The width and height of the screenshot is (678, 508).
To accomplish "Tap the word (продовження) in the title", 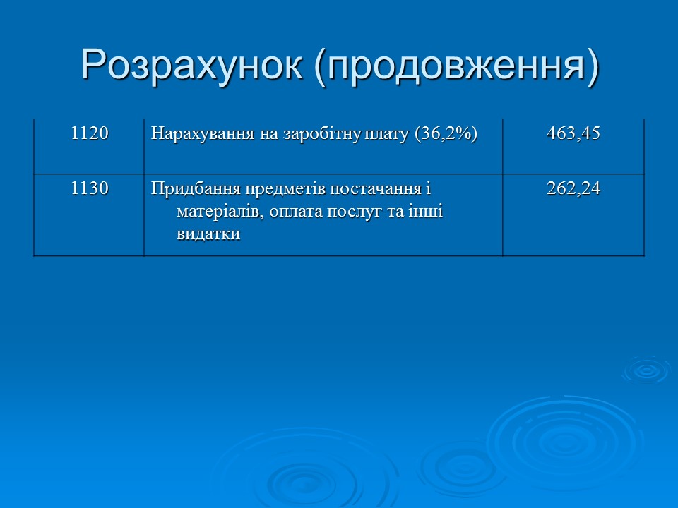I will (x=456, y=65).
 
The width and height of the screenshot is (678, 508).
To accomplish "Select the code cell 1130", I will (x=89, y=188).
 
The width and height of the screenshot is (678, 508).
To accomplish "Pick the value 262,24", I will (x=573, y=188).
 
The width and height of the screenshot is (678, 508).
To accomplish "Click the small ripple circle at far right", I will (x=645, y=370).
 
